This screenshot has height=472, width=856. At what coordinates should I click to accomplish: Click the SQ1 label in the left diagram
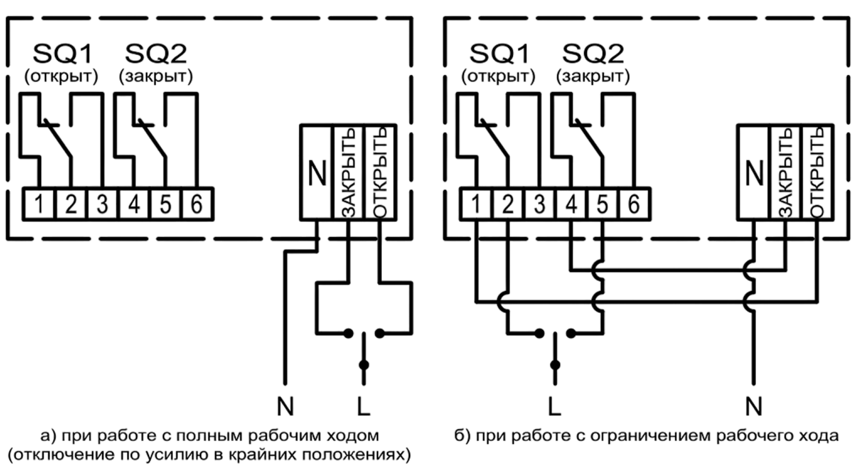pyautogui.click(x=63, y=54)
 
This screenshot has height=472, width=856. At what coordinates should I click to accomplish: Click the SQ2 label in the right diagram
pyautogui.click(x=593, y=54)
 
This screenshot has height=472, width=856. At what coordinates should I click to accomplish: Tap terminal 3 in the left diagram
pyautogui.click(x=102, y=205)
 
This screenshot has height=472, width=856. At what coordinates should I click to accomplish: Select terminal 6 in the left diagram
pyautogui.click(x=197, y=205)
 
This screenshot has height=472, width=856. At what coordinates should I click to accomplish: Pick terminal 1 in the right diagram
pyautogui.click(x=476, y=205)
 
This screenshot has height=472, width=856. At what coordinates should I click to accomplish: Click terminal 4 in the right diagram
pyautogui.click(x=571, y=205)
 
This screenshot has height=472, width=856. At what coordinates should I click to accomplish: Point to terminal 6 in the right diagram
pyautogui.click(x=634, y=205)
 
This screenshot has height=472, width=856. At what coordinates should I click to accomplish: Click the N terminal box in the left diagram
pyautogui.click(x=316, y=173)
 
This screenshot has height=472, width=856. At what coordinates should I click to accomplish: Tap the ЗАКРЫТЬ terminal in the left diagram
pyautogui.click(x=348, y=173)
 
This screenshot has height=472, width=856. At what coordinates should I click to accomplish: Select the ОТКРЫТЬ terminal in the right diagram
pyautogui.click(x=817, y=173)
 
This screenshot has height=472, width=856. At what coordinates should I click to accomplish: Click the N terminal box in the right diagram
pyautogui.click(x=753, y=173)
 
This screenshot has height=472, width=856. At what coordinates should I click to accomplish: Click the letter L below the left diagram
pyautogui.click(x=363, y=406)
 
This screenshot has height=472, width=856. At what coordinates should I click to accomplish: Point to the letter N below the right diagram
pyautogui.click(x=754, y=406)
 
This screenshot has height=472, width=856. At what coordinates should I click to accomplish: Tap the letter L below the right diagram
pyautogui.click(x=554, y=406)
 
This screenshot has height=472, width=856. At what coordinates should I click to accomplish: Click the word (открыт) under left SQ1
pyautogui.click(x=61, y=77)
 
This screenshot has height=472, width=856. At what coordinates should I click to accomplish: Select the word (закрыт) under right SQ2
pyautogui.click(x=593, y=77)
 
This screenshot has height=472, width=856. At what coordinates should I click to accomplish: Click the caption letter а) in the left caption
pyautogui.click(x=48, y=436)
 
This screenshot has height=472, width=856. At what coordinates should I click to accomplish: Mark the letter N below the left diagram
pyautogui.click(x=285, y=406)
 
